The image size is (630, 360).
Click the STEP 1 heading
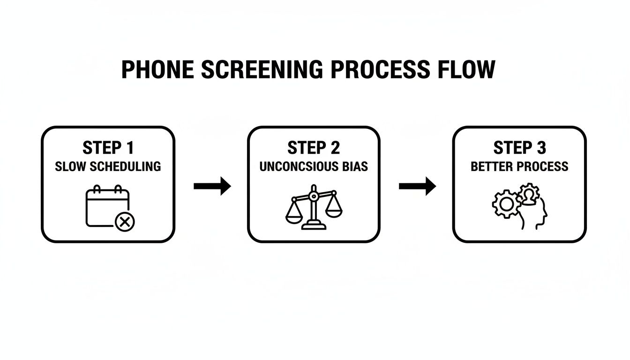[108, 148]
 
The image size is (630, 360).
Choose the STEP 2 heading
[314, 148]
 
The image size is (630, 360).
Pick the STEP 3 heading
[519, 148]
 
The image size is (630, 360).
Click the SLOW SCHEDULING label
[108, 166]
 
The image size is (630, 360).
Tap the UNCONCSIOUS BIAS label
[314, 166]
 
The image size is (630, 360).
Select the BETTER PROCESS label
[519, 166]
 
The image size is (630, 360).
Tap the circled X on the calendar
[125, 221]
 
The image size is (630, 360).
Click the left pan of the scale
[295, 217]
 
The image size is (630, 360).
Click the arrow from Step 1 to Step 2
[212, 186]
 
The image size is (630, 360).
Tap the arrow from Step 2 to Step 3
[417, 186]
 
